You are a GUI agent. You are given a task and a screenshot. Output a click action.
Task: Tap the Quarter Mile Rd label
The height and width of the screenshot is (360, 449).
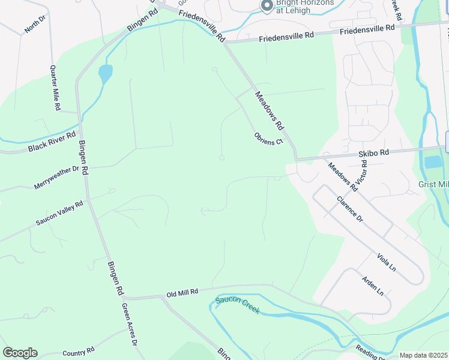coord(56,88)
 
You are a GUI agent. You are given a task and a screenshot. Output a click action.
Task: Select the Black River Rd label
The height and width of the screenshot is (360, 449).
coord(52,142)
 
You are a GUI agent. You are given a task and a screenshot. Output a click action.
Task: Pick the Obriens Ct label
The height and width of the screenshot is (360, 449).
coord(268,139)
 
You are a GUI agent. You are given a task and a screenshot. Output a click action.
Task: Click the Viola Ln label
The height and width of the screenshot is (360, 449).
coord(387,261)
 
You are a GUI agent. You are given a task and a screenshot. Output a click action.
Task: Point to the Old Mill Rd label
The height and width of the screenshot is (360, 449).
coord(182,293)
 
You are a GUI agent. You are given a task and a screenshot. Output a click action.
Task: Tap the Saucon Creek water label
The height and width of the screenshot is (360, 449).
coord(237,305)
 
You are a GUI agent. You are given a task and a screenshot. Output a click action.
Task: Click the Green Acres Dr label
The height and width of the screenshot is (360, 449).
coord(130,324)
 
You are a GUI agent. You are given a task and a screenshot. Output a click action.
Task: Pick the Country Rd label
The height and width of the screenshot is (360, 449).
coord(79,353)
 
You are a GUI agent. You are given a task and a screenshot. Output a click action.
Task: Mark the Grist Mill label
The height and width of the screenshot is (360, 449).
coord(433,185)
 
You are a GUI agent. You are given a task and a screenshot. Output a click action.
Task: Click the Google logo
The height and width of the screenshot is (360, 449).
coord(20,353)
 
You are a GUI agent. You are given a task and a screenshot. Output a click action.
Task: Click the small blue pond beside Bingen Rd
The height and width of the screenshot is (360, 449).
coord(105,74)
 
